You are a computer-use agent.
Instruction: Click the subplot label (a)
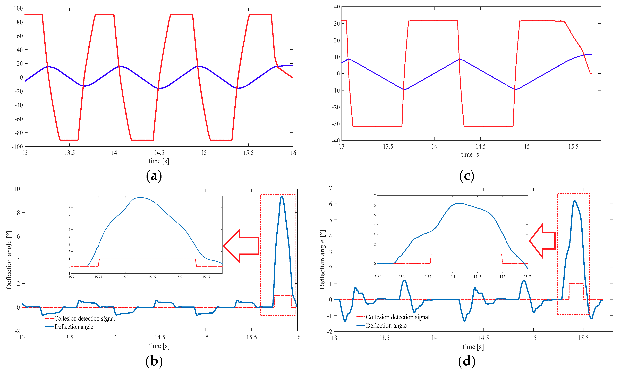(x=154, y=176)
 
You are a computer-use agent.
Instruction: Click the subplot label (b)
(x=154, y=361)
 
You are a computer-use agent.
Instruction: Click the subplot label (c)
(x=467, y=176)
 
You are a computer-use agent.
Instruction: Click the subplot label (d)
(x=467, y=361)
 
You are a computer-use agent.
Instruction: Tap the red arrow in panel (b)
(x=241, y=246)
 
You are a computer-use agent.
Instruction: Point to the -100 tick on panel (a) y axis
(x=17, y=147)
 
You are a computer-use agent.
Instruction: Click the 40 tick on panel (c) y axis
(x=337, y=7)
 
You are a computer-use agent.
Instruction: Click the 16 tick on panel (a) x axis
(x=293, y=153)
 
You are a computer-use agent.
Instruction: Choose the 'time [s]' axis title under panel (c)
(x=471, y=154)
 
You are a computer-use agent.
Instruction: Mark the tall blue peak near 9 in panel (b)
(x=282, y=197)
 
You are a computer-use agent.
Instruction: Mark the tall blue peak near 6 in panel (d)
(x=575, y=201)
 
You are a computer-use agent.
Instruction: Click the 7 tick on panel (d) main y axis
(x=330, y=188)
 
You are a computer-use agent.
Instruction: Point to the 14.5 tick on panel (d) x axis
(x=483, y=338)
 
